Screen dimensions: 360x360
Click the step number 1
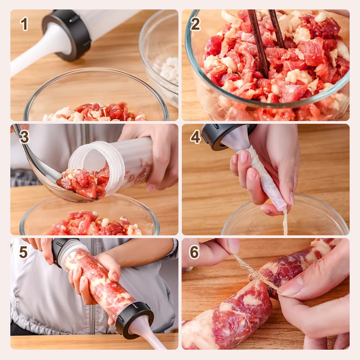click(x=24, y=24)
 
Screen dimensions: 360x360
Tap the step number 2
click(x=195, y=24)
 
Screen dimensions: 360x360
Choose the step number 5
click(x=23, y=252)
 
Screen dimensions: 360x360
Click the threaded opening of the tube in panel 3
click(x=85, y=157)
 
